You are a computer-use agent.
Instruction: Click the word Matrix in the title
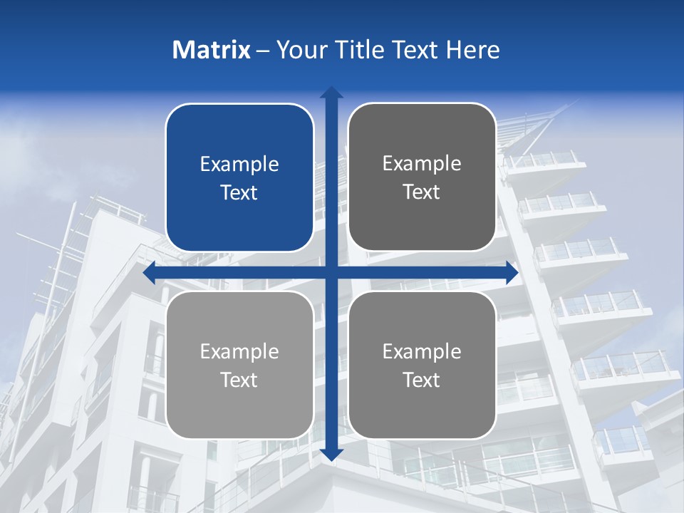click(211, 50)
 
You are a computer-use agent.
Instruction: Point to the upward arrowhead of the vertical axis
click(331, 93)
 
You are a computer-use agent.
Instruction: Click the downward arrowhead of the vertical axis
click(331, 454)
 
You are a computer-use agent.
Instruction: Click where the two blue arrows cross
click(331, 273)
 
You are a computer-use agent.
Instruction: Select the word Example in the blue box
click(239, 165)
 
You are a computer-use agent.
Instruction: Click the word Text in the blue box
click(239, 193)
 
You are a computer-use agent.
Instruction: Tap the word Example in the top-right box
click(422, 164)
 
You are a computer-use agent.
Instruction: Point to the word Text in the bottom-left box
click(239, 380)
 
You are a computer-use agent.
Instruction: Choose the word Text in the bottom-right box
click(422, 380)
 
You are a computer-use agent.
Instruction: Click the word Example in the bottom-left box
click(239, 352)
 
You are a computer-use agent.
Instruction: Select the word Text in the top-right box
click(422, 192)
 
